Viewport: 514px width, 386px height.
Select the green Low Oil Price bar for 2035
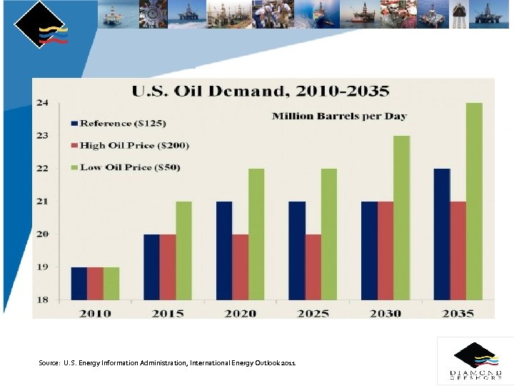(x=474, y=201)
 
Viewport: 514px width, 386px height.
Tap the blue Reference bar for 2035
(x=442, y=234)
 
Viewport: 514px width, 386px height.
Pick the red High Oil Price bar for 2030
(x=385, y=250)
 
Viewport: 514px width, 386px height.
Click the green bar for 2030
(x=401, y=217)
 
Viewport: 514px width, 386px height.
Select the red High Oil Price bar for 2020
(x=241, y=267)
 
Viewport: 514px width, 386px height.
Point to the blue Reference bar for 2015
(x=151, y=267)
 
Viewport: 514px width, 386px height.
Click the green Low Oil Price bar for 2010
(x=111, y=283)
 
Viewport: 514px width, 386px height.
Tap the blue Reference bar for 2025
(x=297, y=250)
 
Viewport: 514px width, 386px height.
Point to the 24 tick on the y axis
(x=43, y=103)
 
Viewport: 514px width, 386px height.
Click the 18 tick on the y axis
(x=43, y=300)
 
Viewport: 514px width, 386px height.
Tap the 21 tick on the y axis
(x=43, y=202)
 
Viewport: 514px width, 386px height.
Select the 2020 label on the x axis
(x=240, y=313)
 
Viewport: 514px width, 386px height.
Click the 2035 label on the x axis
(x=457, y=313)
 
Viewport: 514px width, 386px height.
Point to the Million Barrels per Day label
(x=339, y=116)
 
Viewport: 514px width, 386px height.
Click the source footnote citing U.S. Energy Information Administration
(x=166, y=363)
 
